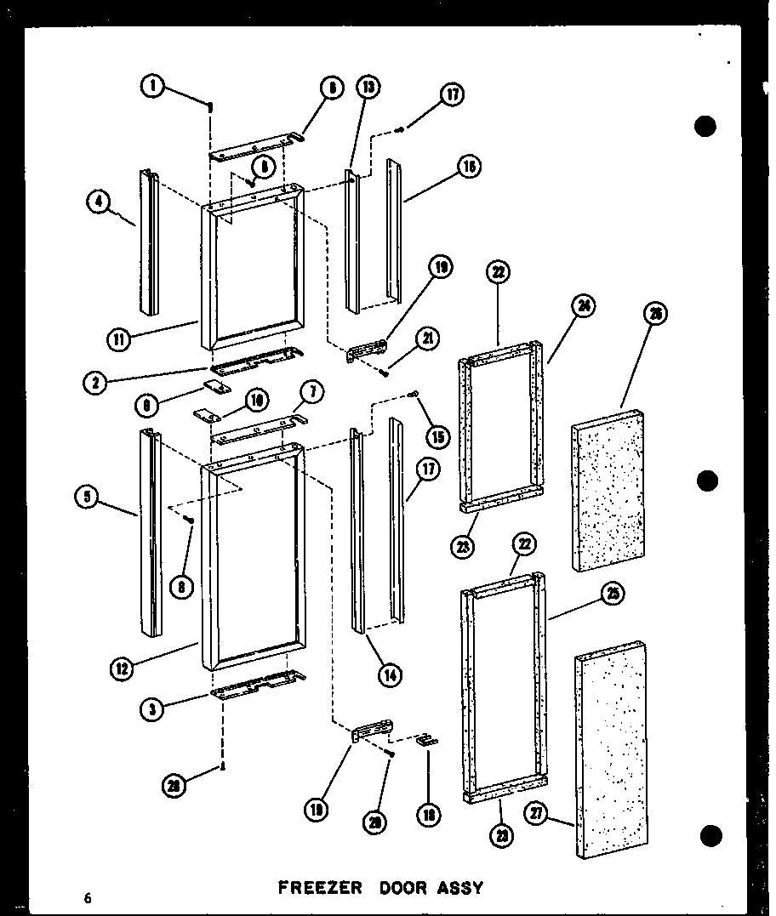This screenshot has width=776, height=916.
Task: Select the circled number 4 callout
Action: [x=100, y=202]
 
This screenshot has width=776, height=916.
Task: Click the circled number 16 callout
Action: [x=469, y=168]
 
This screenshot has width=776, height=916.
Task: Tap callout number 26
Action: [x=655, y=314]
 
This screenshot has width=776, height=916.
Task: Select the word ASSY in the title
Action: [x=460, y=887]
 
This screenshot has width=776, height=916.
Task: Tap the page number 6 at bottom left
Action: [x=87, y=897]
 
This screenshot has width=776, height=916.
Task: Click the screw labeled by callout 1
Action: [x=210, y=107]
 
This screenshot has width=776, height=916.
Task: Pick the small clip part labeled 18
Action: [x=427, y=739]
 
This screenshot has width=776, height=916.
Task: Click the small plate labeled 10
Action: [x=205, y=414]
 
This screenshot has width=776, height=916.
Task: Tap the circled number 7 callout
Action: [x=312, y=392]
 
